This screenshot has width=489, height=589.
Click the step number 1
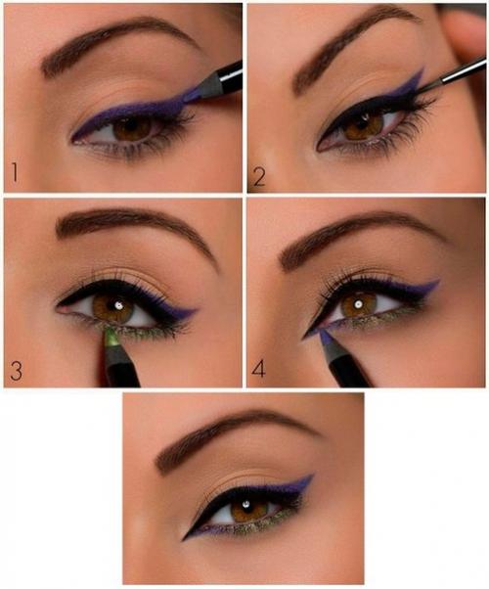coord(15,172)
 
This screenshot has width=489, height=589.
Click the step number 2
coord(259,176)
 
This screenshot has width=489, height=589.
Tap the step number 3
coord(17,371)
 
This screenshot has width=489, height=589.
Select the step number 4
coord(258,369)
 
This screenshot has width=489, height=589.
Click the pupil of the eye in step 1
coord(132,127)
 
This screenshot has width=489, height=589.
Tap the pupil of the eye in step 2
coord(364,123)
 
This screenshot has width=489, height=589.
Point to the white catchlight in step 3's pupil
coord(119,305)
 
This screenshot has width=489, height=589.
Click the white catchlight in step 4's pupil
coord(359,303)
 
